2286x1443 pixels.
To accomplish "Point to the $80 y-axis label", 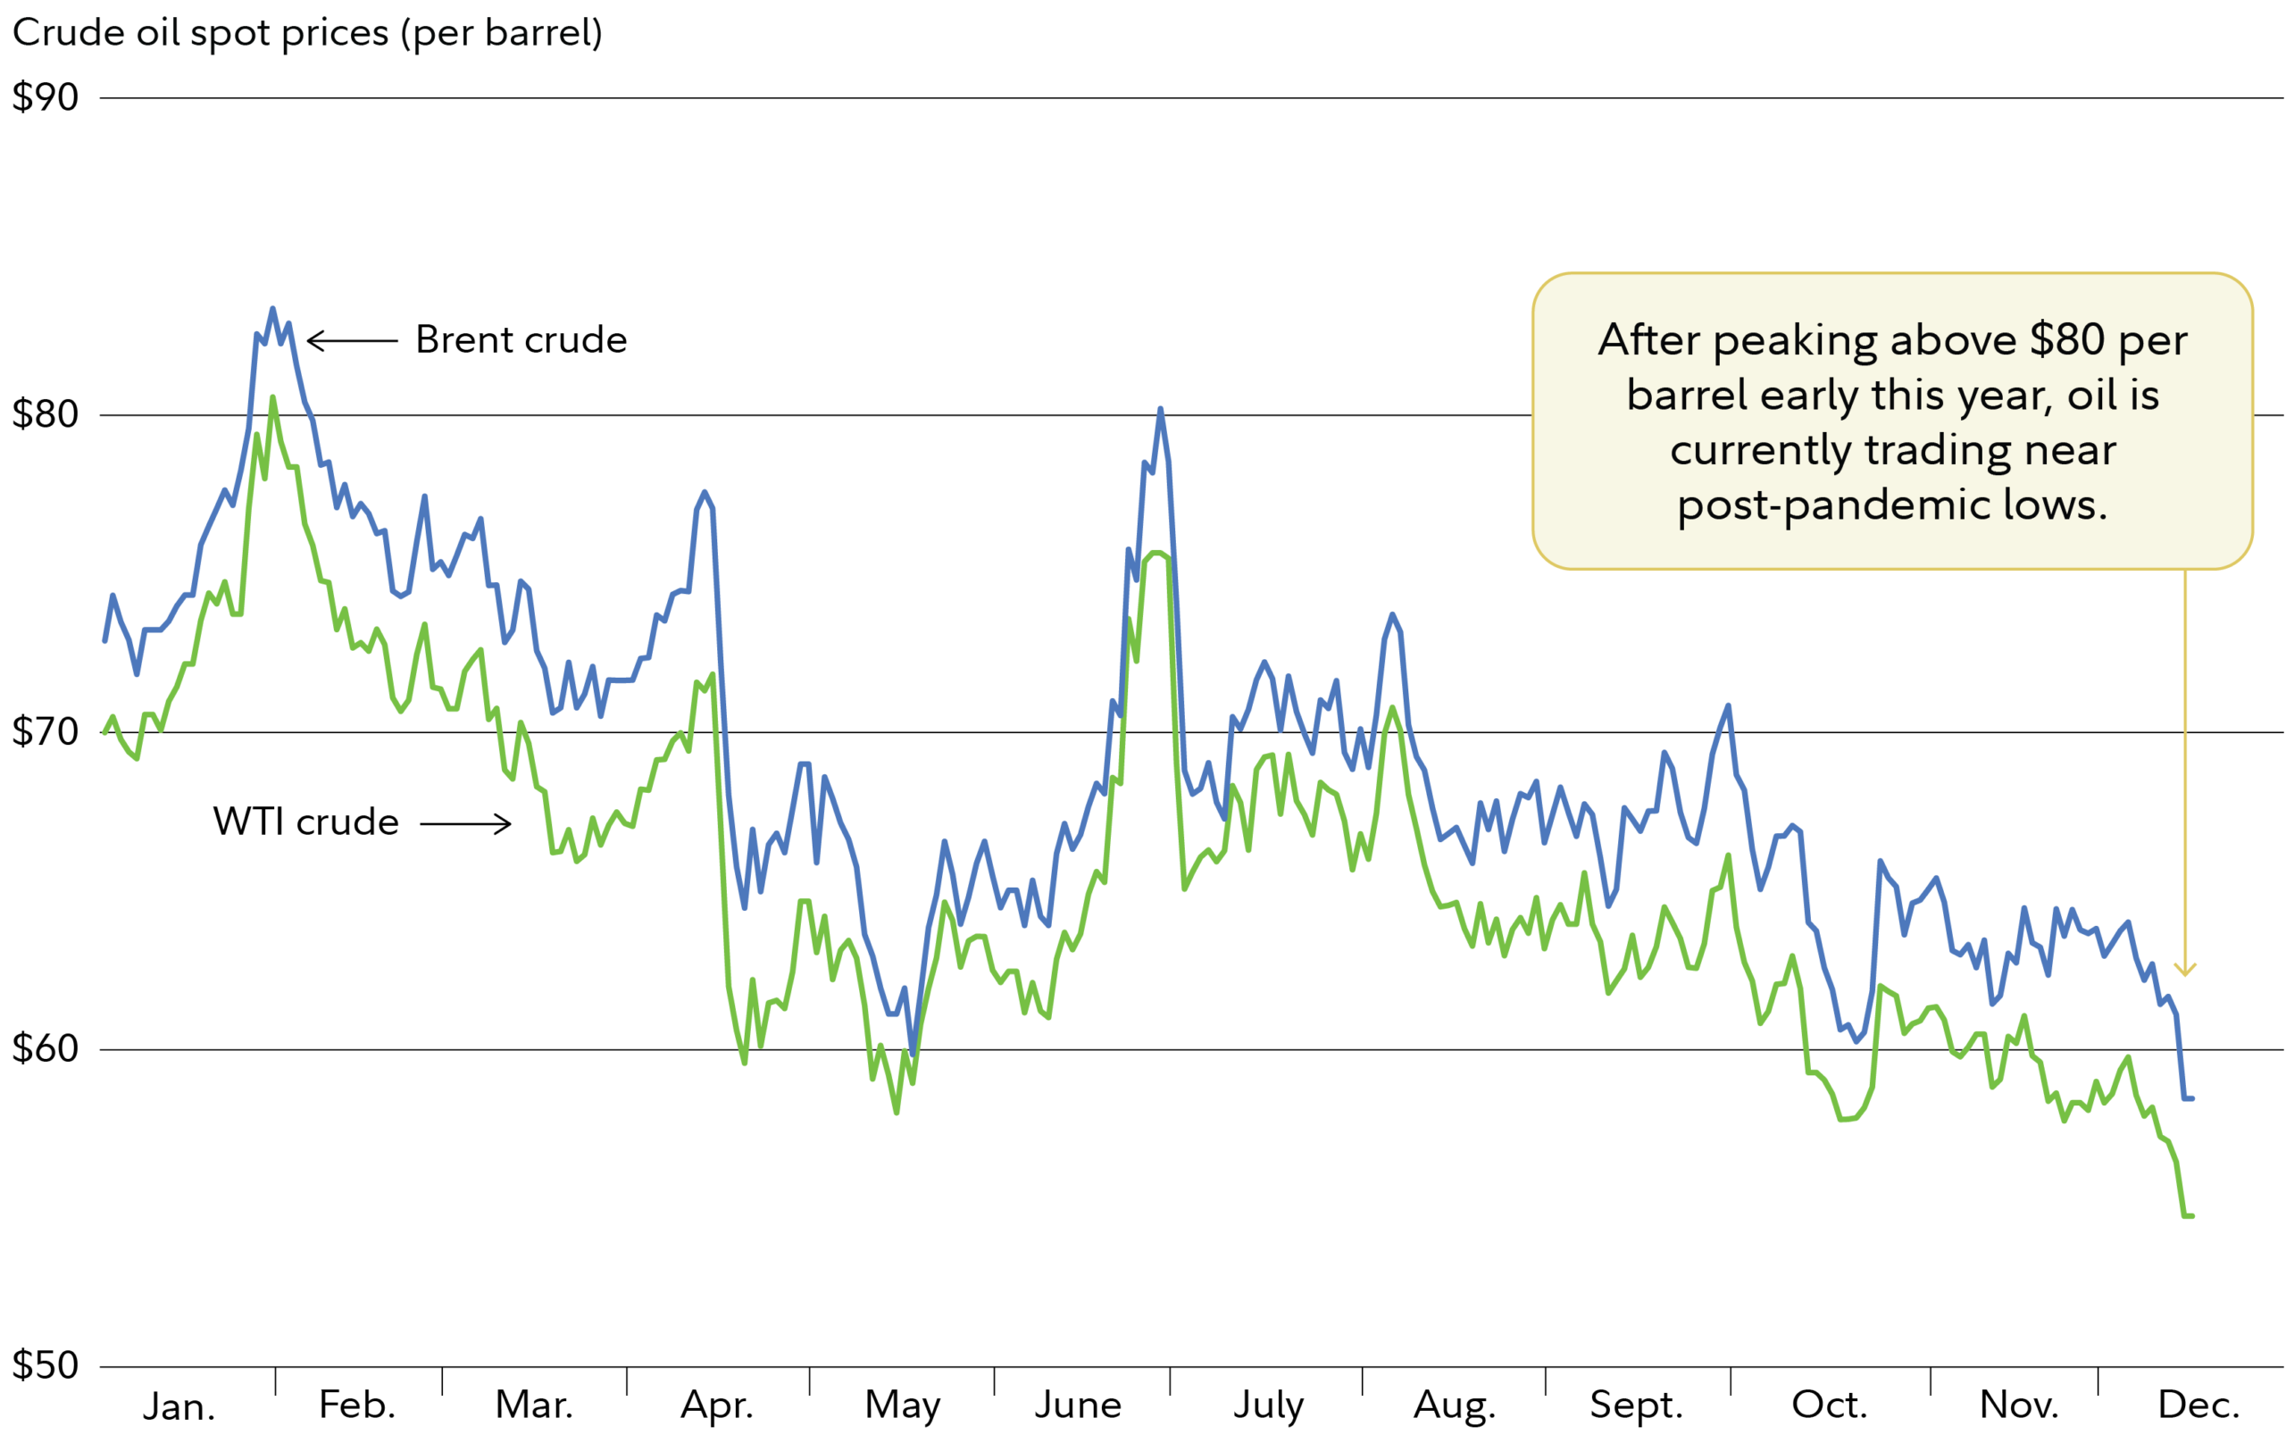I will [45, 414].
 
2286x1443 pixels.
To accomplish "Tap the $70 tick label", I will [45, 732].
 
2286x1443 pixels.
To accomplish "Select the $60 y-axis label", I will [45, 1048].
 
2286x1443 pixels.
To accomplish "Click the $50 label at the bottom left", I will [45, 1365].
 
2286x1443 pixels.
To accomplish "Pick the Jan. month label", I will [179, 1407].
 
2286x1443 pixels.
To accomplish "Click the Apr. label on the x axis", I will [717, 1405].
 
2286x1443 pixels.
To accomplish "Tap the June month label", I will [1078, 1405].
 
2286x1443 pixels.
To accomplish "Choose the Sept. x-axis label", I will [1637, 1405].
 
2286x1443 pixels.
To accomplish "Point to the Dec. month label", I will [2198, 1405].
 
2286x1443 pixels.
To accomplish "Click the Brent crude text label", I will [521, 340].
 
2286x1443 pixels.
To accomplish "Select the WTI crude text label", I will [305, 822].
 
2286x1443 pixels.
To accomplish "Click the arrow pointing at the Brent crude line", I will [352, 341].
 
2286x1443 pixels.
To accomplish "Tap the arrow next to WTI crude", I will [466, 823].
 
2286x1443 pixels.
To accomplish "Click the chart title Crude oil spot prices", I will [306, 33].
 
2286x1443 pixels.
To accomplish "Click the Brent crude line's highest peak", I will [272, 309].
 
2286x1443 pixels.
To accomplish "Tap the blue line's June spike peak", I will [1160, 409].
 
